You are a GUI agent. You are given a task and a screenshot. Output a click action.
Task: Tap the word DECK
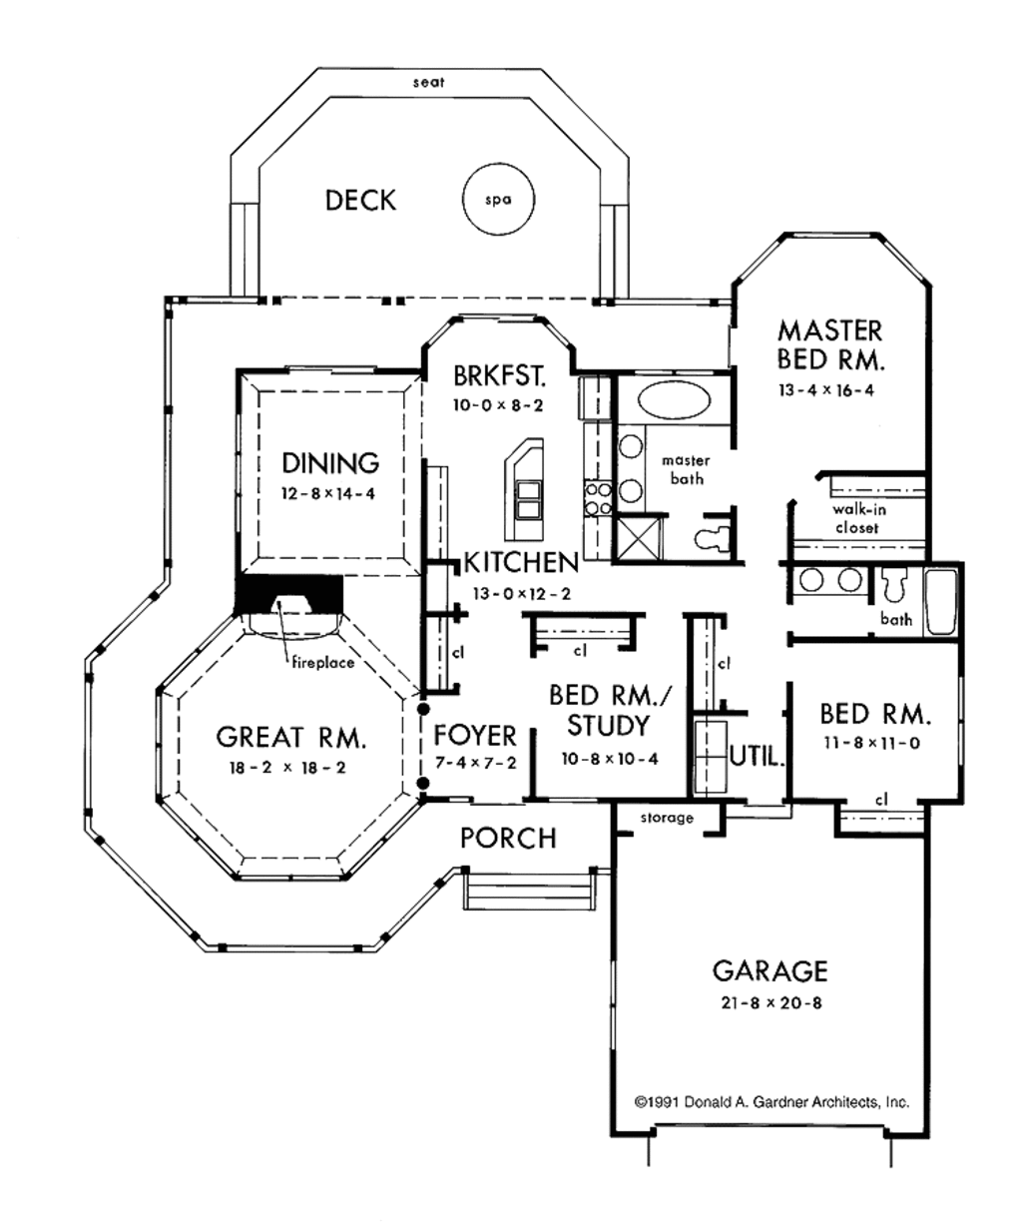click(x=360, y=201)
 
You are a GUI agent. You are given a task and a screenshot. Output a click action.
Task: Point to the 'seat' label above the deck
click(x=428, y=83)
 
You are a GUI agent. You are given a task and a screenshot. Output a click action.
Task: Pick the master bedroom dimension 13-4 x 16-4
click(x=826, y=390)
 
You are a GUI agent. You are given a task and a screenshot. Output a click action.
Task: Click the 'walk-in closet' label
click(x=859, y=518)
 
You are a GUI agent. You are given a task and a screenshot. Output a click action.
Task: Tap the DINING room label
click(x=330, y=463)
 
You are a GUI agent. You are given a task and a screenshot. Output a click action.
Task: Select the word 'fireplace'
click(x=322, y=663)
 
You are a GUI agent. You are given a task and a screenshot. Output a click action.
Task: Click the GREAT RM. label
click(x=291, y=737)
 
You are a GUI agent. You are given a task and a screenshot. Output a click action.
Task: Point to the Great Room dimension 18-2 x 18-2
click(x=287, y=768)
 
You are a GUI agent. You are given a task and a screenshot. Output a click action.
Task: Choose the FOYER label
click(x=475, y=735)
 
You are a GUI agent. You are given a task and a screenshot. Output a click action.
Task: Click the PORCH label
click(x=508, y=838)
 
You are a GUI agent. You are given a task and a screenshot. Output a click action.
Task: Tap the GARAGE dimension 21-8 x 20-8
click(x=770, y=1002)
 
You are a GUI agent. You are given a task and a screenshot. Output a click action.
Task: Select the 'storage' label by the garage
click(x=667, y=818)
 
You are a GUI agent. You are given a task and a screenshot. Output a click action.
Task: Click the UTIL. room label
click(x=758, y=757)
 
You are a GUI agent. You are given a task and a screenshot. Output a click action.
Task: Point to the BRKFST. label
click(x=500, y=375)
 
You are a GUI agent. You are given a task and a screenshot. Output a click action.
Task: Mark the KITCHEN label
click(x=522, y=563)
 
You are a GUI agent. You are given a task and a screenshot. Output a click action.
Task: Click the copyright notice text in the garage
click(x=772, y=1102)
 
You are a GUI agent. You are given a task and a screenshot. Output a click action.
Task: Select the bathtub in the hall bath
click(x=941, y=602)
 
